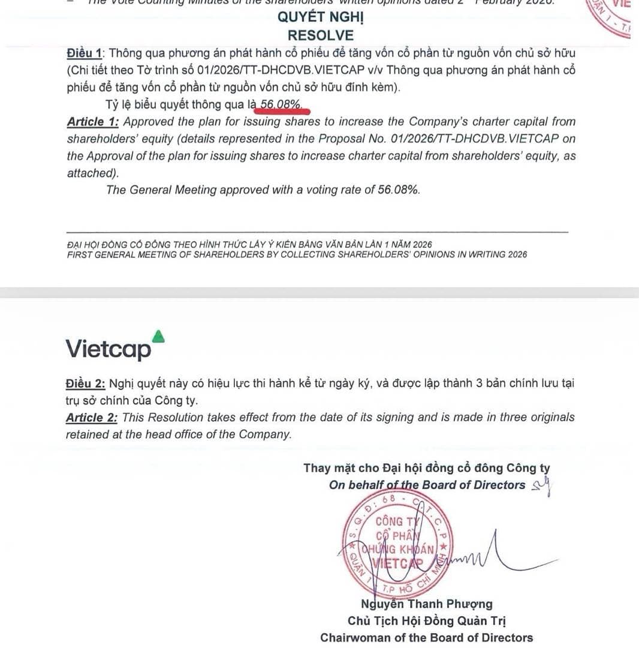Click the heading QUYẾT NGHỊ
[x=320, y=17]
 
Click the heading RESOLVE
[x=320, y=35]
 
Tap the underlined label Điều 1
[x=83, y=53]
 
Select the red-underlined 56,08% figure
[x=281, y=105]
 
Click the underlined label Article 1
[x=92, y=122]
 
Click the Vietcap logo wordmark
[x=108, y=349]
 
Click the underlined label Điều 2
[x=85, y=383]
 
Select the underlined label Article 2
[x=94, y=418]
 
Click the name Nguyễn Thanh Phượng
[x=426, y=604]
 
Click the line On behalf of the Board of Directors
[x=427, y=485]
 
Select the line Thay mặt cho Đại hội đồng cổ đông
[x=426, y=468]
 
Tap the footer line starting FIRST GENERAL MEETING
[x=297, y=254]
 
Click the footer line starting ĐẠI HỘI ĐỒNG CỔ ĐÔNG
[x=249, y=244]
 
